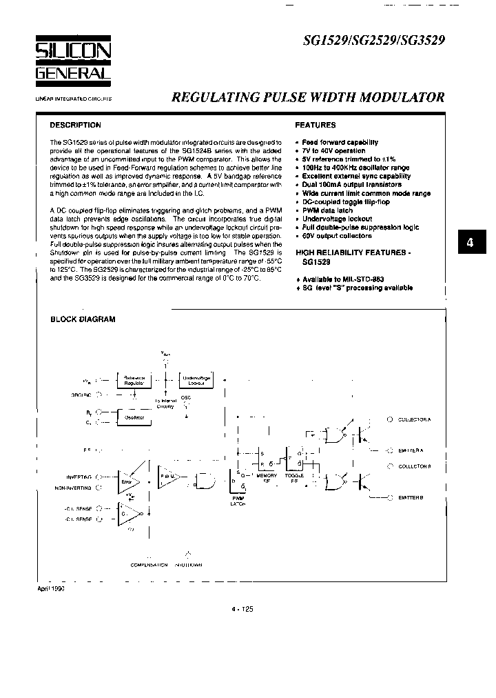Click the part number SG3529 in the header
click(421, 41)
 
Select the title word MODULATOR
click(404, 97)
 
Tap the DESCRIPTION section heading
click(75, 126)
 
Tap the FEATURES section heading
click(315, 126)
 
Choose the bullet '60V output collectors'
click(337, 236)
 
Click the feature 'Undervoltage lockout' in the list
click(337, 219)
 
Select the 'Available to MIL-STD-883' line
click(343, 279)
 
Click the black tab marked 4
click(471, 243)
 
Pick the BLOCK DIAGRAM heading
click(83, 319)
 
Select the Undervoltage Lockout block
click(196, 380)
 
